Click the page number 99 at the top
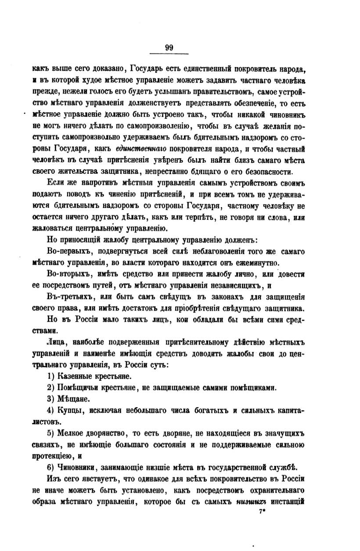coord(169,48)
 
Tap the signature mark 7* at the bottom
coord(263,511)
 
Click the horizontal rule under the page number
coord(169,54)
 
